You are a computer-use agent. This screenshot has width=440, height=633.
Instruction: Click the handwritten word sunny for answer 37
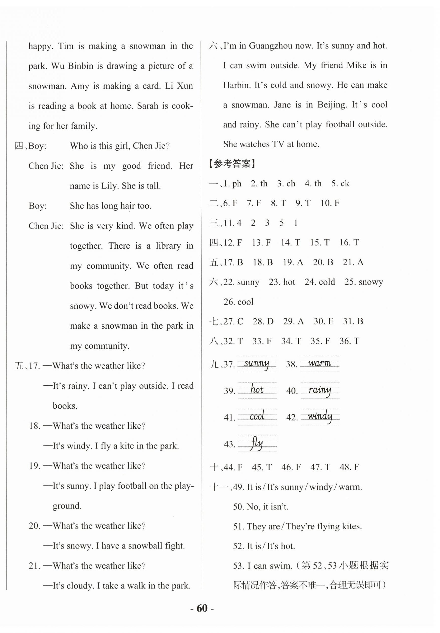256,364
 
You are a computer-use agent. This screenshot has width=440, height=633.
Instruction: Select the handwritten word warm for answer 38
319,363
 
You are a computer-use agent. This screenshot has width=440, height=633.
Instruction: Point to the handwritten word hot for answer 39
257,390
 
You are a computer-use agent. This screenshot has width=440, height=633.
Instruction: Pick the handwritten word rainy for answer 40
320,390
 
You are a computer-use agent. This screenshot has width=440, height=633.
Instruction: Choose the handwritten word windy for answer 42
320,416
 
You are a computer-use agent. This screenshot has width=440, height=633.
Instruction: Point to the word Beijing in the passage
332,105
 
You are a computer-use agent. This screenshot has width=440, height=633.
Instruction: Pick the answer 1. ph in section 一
233,184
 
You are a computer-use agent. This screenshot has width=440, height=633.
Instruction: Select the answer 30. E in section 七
323,321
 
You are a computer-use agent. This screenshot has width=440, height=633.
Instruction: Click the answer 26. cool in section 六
238,302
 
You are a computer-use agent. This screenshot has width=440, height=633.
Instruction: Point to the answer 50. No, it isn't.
261,506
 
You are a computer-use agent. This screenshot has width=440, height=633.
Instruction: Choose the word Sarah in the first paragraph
147,106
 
